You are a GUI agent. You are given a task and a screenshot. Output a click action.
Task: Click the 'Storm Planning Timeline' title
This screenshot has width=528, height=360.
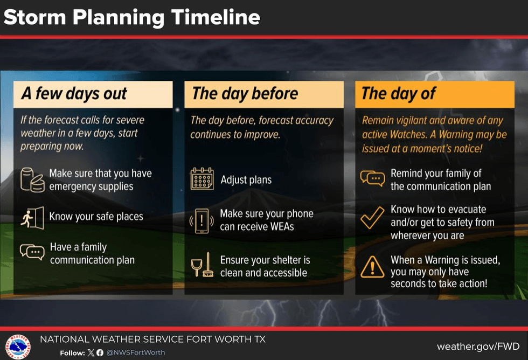(131, 17)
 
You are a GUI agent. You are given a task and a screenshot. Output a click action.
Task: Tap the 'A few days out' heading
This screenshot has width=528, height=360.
(74, 94)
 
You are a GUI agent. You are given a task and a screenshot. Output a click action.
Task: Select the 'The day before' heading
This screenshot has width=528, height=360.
(245, 94)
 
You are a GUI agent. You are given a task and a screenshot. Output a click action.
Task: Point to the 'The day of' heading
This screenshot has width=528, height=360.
(398, 94)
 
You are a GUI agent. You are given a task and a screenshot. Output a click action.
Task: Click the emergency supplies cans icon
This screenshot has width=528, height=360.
(32, 180)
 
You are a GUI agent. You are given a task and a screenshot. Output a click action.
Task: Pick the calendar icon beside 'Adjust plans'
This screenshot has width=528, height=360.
(202, 179)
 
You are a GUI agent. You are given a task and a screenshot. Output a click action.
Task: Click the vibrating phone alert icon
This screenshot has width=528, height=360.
(202, 221)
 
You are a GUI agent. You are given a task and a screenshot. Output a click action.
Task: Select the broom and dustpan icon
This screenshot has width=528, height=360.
(202, 265)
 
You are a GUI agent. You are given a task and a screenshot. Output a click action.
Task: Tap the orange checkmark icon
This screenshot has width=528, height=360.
(372, 218)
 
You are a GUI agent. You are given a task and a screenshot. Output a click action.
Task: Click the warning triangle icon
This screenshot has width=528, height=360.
(372, 267)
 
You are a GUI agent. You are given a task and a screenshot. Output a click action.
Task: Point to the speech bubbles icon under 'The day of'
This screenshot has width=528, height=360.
(372, 178)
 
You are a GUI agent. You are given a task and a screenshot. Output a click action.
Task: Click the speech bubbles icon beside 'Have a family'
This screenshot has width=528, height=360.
(32, 252)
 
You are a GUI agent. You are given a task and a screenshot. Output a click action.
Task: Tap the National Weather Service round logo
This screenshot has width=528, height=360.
(18, 347)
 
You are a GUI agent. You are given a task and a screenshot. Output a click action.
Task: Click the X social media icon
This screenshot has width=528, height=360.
(91, 352)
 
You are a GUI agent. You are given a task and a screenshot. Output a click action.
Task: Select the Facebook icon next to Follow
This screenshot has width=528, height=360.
(100, 352)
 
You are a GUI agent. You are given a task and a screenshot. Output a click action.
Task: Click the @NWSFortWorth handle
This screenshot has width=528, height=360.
(136, 352)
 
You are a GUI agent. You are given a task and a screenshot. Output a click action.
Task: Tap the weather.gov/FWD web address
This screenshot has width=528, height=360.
(478, 347)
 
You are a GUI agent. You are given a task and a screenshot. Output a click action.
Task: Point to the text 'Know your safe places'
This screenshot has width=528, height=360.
(96, 216)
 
